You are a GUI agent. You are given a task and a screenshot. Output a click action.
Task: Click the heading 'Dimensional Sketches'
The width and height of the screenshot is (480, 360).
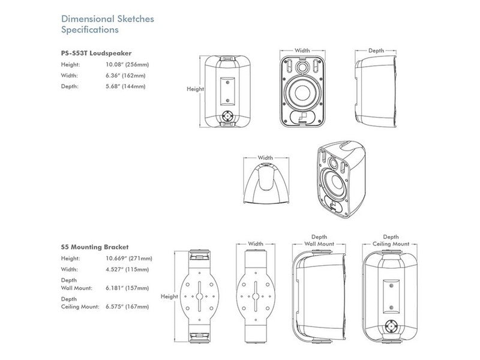point(108,19)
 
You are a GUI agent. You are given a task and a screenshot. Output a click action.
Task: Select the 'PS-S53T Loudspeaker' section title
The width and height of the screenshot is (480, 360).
point(96,52)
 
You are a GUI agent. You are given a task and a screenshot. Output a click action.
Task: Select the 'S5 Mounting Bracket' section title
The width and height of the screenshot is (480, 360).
point(95,247)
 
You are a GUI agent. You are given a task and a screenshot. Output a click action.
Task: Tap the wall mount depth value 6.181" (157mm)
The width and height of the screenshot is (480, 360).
point(127,288)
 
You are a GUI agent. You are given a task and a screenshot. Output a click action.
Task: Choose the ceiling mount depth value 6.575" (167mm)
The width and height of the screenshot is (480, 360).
point(127,307)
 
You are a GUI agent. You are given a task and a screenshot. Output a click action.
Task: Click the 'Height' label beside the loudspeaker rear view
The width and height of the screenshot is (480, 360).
point(196,89)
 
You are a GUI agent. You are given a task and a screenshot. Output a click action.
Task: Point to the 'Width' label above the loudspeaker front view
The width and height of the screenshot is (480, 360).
point(302,51)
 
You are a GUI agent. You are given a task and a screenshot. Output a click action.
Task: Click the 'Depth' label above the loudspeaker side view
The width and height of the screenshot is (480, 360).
point(376,51)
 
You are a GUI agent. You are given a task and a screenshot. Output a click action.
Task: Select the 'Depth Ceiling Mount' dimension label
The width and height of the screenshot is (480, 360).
point(391,241)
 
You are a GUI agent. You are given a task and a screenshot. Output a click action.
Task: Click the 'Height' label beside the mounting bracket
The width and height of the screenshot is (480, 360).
point(170,296)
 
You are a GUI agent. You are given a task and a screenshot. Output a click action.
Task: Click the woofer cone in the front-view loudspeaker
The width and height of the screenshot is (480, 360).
point(303,95)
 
